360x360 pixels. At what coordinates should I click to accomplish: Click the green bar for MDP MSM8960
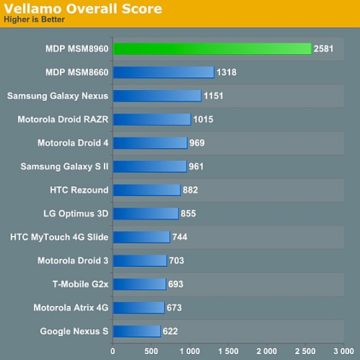[211, 49]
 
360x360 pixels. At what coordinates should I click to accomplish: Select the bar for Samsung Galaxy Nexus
[157, 96]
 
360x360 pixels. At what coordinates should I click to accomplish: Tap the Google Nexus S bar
[136, 331]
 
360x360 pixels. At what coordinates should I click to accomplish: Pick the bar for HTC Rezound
[146, 190]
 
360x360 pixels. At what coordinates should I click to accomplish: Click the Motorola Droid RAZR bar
[152, 120]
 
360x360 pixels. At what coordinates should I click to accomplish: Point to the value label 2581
[324, 49]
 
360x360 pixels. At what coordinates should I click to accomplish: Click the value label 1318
[227, 72]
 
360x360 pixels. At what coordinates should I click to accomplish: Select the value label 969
[197, 143]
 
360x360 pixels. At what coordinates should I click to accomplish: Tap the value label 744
[181, 237]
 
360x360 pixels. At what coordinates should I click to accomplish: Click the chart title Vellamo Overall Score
[83, 9]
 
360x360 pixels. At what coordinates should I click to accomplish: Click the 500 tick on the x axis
[152, 351]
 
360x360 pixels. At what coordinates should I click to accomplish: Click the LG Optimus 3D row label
[76, 214]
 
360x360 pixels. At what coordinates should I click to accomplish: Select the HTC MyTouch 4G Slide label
[59, 237]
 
